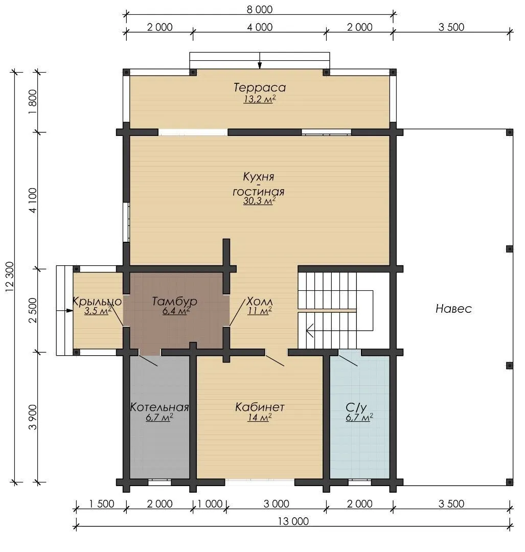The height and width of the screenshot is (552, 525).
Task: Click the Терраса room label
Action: (260, 87)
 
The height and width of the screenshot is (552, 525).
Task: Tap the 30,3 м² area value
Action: (259, 201)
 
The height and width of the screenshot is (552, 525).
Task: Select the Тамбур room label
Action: (175, 302)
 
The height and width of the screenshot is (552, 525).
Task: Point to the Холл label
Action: (260, 302)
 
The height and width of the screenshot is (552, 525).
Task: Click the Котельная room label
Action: (159, 407)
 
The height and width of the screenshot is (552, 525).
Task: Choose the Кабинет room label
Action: (260, 407)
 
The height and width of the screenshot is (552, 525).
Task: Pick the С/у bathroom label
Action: (356, 407)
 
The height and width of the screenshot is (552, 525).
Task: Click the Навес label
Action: (453, 309)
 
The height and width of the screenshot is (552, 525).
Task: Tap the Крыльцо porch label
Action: (97, 302)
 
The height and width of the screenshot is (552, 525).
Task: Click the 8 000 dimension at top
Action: (260, 10)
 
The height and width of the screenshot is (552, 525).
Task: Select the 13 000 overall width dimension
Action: (293, 521)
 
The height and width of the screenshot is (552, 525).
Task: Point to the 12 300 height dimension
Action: (10, 277)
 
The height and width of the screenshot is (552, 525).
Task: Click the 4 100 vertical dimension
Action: (32, 200)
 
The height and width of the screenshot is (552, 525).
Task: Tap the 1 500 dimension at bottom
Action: (101, 504)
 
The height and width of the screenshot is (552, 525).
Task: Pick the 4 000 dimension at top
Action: (260, 27)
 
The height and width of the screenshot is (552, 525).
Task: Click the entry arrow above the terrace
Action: (260, 60)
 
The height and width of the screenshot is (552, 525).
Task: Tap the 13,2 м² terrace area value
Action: (260, 99)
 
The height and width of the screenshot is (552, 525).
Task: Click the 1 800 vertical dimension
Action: (32, 102)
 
